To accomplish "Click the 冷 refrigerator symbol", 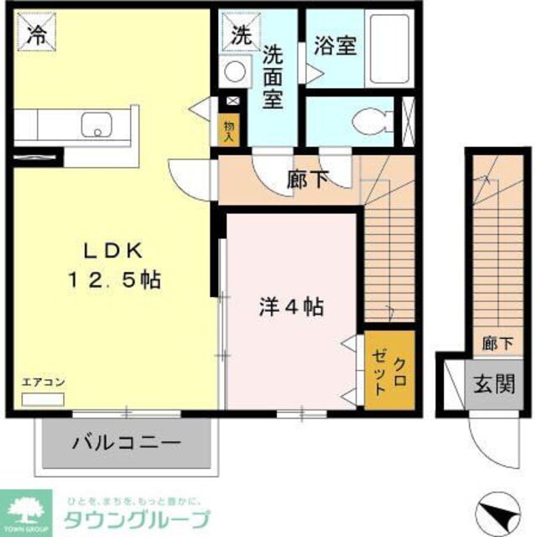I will pyautogui.click(x=36, y=34).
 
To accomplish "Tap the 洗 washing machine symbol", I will pyautogui.click(x=241, y=34).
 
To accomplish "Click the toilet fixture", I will pyautogui.click(x=369, y=123).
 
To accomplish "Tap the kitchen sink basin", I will pyautogui.click(x=96, y=124).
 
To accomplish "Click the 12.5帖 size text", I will pyautogui.click(x=119, y=279).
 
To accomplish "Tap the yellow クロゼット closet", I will pyautogui.click(x=389, y=371).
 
